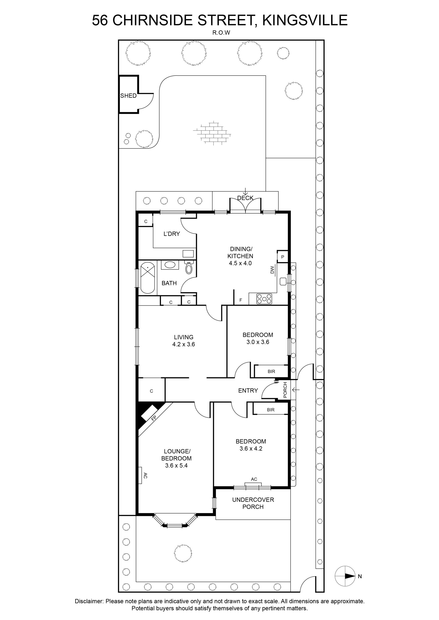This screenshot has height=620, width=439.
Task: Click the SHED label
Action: pos(128,96)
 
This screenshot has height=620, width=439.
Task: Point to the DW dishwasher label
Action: pos(272,270)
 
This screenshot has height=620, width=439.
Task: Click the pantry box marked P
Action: pos(282,257)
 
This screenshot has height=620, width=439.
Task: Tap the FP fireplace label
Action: pos(153,418)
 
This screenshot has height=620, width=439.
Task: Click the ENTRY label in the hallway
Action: pos(248,390)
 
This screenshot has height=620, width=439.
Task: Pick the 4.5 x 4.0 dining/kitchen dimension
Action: pos(240,263)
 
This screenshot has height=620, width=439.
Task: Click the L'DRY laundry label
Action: pos(172,234)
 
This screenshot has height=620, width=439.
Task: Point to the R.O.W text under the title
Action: pos(221,33)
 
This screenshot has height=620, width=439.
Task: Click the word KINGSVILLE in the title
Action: pos(305,20)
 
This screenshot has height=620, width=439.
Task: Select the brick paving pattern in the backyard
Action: pos(212,133)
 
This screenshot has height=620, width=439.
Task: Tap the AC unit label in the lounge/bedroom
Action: pos(145,475)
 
